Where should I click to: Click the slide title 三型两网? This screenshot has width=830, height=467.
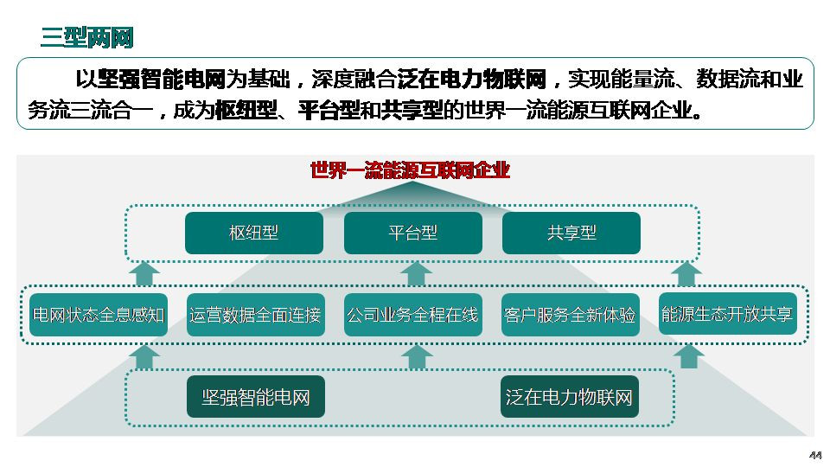tap(87, 37)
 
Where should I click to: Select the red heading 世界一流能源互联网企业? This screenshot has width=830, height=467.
tap(410, 170)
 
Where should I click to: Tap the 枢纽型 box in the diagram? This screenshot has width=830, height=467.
tap(254, 233)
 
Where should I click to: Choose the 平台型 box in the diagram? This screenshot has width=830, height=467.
tap(413, 233)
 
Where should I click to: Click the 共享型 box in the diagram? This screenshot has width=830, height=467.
tap(571, 233)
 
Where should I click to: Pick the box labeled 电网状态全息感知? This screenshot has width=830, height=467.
tap(99, 315)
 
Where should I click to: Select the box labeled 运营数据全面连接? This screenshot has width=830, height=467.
tap(256, 315)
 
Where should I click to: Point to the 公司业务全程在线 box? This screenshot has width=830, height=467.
tap(413, 315)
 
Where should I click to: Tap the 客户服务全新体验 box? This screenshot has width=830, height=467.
tap(570, 315)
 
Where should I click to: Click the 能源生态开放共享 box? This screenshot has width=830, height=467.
tap(728, 314)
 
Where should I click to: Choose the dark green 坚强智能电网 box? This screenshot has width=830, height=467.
tap(256, 397)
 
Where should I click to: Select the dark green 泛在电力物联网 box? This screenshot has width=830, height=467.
tap(570, 397)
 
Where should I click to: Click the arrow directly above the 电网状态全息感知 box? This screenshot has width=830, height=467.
tap(144, 274)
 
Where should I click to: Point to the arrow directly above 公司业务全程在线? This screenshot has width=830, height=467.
tap(416, 274)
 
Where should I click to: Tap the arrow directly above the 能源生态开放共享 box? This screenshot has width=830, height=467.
tap(687, 274)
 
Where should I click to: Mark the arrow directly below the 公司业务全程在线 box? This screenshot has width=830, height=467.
tap(417, 357)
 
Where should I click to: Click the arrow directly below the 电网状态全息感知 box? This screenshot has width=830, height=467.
tap(144, 357)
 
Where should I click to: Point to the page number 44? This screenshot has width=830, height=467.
tap(815, 456)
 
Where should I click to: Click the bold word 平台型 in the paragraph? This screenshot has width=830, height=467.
tap(329, 110)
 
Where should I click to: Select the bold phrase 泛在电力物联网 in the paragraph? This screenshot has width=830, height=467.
tap(472, 80)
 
